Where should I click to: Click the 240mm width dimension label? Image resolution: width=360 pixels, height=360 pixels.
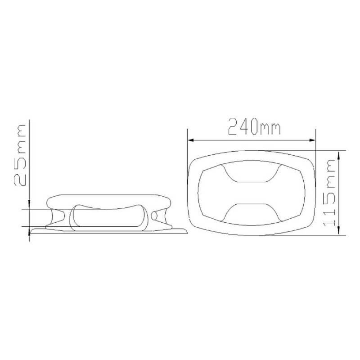click(254, 127)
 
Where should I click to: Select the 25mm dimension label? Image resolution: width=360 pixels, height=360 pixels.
click(20, 155)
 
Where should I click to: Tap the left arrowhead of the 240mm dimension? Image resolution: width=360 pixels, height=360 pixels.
click(190, 140)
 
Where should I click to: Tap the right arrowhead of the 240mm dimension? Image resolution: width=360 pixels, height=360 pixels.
click(312, 140)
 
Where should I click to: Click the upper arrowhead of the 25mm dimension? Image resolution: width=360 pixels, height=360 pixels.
click(29, 203)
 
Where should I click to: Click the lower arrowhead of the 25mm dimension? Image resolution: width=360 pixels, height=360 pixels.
click(29, 233)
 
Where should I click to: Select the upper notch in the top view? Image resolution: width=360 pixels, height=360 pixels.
click(251, 173)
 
